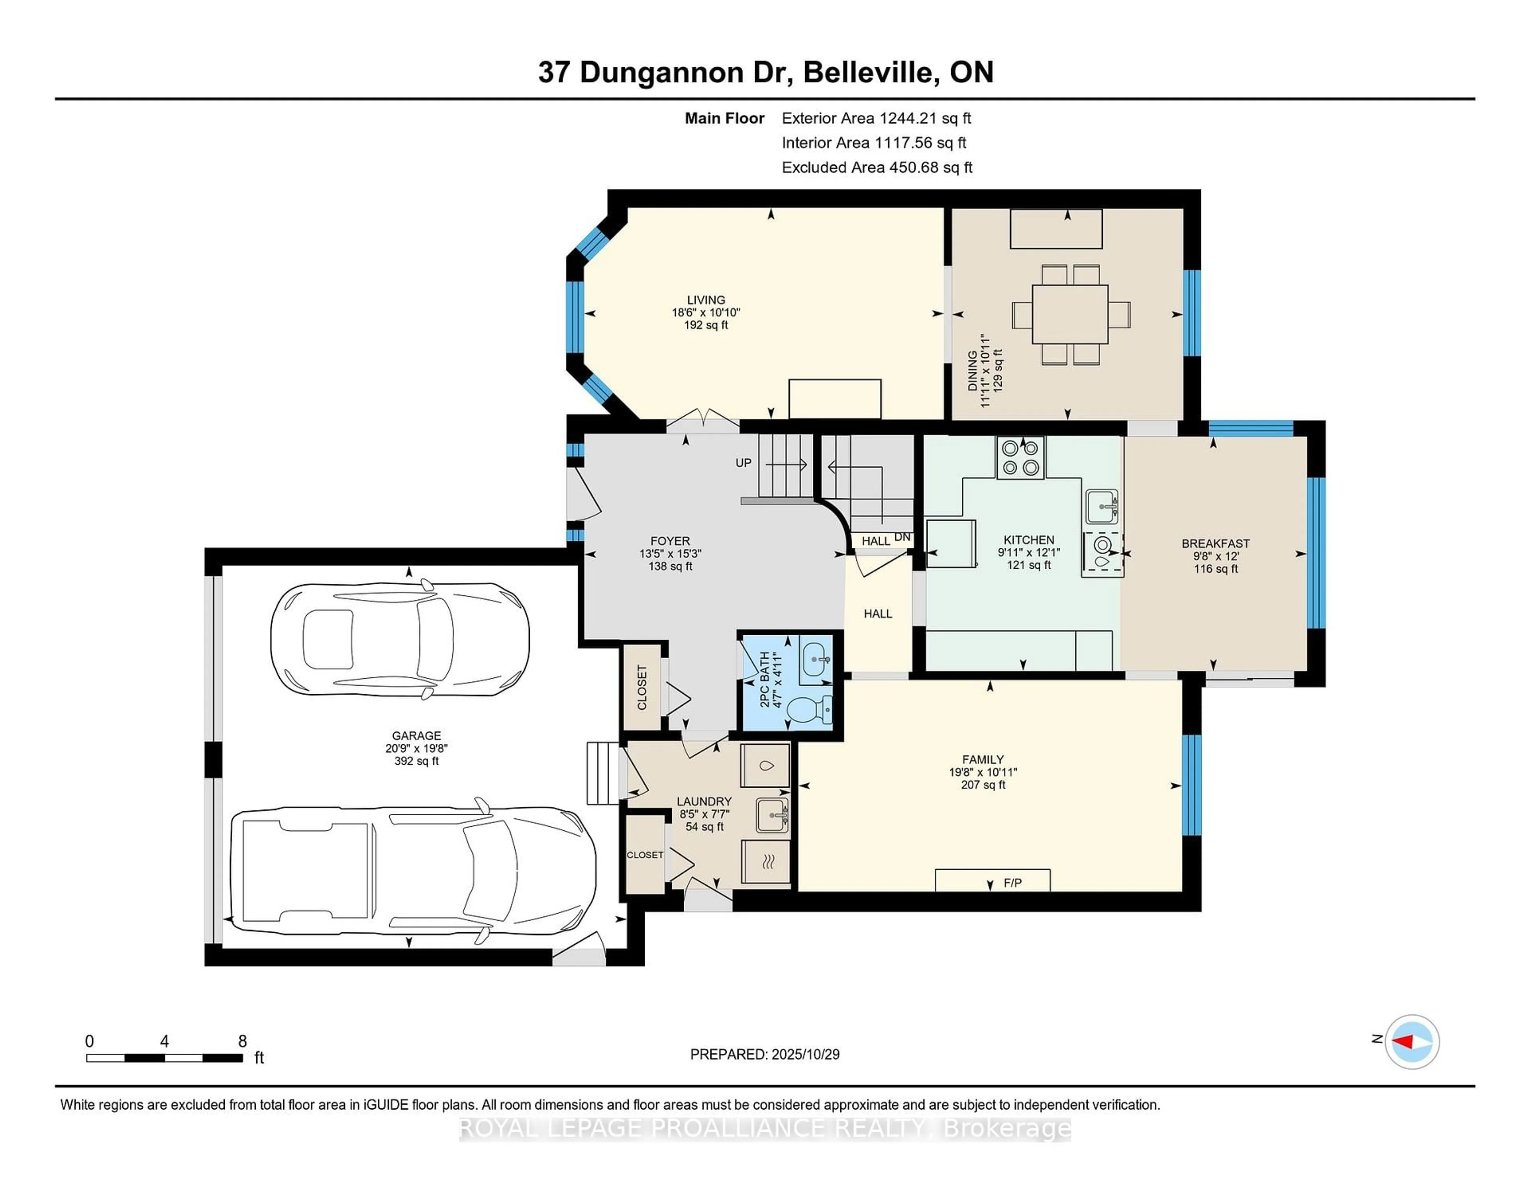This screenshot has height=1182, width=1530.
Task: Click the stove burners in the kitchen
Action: point(1020,458)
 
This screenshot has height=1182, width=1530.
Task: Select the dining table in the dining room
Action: point(1070,314)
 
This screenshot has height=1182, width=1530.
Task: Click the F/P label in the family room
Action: point(1012,883)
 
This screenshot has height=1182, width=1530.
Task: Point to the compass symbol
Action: point(1412,1041)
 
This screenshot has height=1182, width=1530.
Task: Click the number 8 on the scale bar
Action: point(242,1041)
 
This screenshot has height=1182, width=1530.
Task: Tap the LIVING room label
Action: point(706,300)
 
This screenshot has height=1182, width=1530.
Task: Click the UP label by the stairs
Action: point(743,463)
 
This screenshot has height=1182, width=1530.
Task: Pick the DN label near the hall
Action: point(902,537)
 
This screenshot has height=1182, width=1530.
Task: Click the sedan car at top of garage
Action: point(400,639)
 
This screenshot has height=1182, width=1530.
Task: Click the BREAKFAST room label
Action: point(1216,543)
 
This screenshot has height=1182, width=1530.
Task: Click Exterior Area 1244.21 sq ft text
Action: point(876,118)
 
